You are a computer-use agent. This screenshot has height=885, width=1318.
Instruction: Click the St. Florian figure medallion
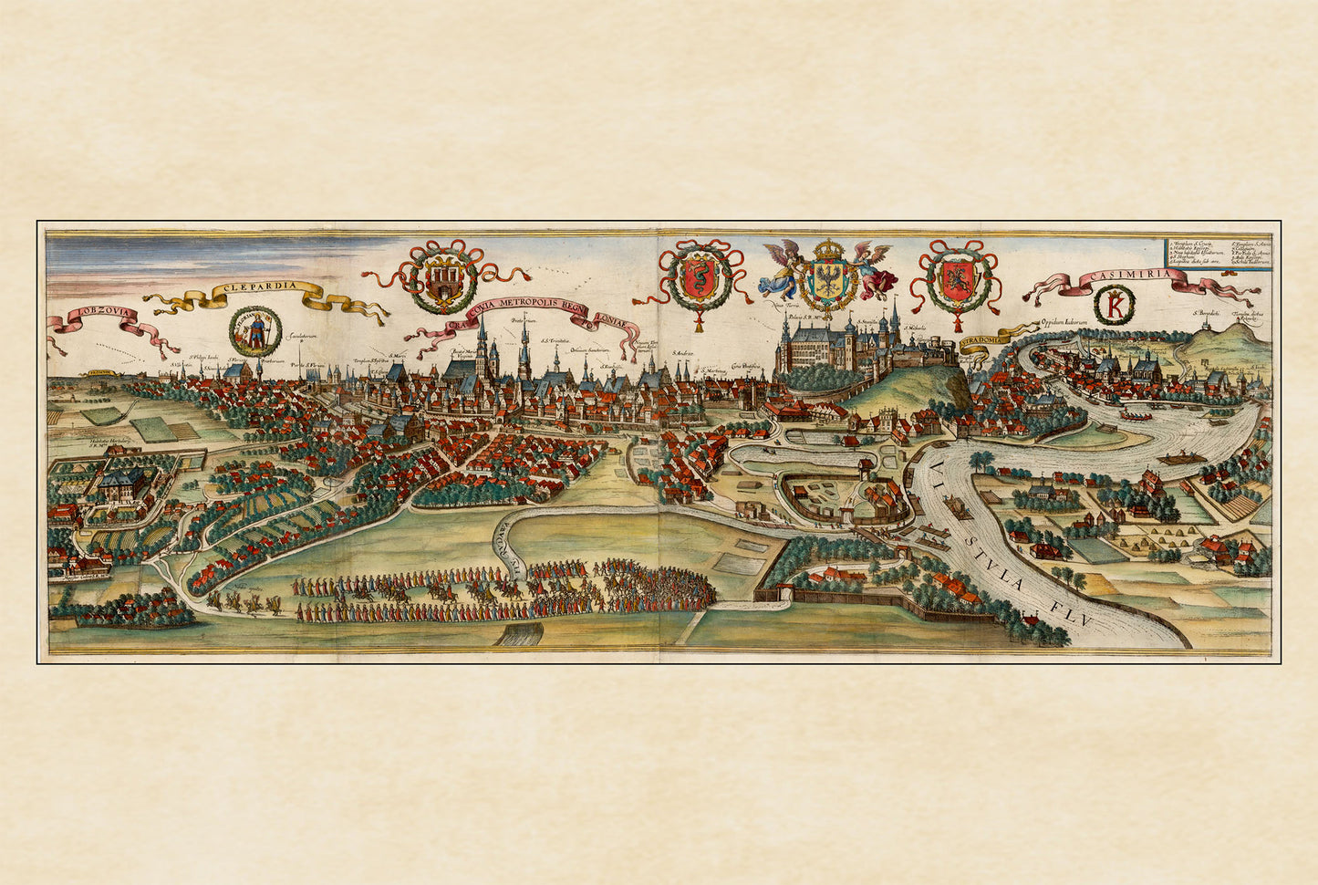(x=255, y=330)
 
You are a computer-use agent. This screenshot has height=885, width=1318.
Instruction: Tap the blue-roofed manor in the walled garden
(x=117, y=484)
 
